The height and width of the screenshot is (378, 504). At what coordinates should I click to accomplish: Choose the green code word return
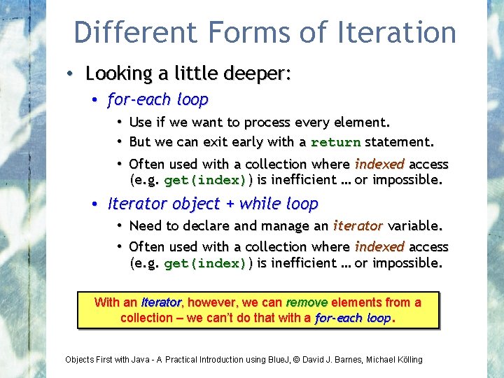click(335, 142)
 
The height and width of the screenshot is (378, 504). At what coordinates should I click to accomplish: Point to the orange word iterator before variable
click(358, 226)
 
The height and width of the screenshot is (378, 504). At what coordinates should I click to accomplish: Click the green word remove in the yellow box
click(307, 302)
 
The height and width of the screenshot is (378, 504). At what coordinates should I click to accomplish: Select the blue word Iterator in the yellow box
click(160, 303)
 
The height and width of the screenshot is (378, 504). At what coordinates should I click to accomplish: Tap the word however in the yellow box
click(212, 302)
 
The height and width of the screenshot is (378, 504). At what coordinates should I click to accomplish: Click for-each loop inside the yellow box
click(353, 318)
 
